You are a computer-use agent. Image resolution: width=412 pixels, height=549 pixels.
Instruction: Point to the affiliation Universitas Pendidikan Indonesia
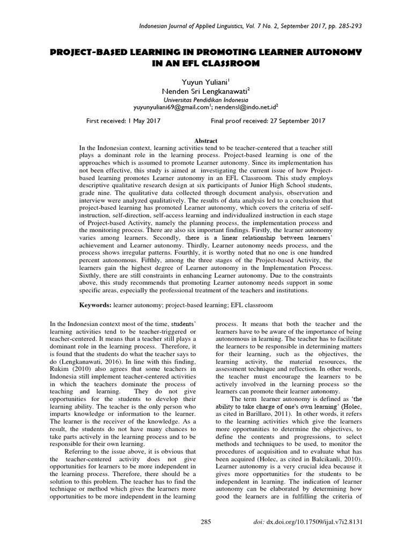pos(205,99)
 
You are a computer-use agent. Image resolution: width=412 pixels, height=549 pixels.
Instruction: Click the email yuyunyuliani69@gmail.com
pos(171,107)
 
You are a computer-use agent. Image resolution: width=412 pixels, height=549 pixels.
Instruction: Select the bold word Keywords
pos(95,305)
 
